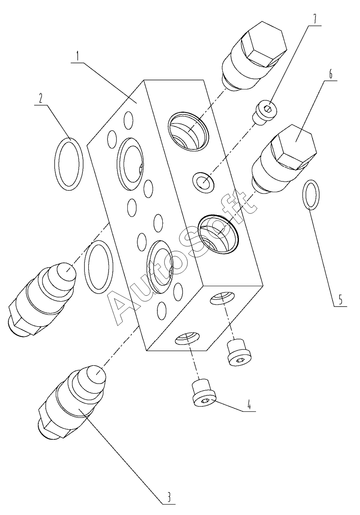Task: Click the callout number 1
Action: [x=78, y=56]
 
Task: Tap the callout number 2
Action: [x=41, y=99]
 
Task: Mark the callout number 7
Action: [x=315, y=19]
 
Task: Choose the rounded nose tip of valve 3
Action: [x=96, y=374]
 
